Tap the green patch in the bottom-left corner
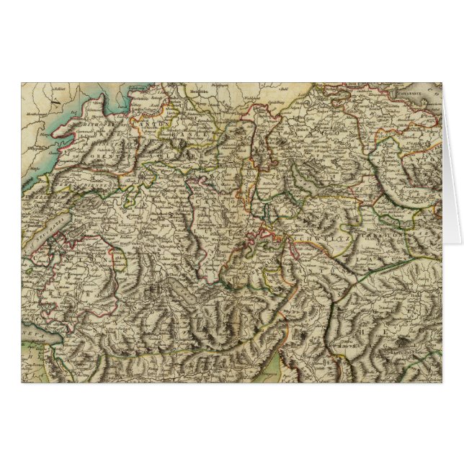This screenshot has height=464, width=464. tap(32, 364)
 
